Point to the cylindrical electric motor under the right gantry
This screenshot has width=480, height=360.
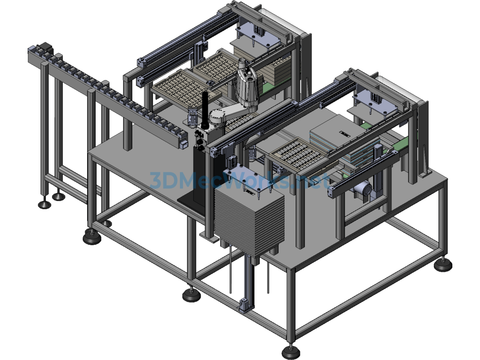[x=363, y=188]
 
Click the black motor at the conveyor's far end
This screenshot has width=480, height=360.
[x=45, y=48]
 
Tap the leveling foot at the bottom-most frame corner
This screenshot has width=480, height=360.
[x=290, y=352]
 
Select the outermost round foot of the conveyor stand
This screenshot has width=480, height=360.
[x=45, y=204]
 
